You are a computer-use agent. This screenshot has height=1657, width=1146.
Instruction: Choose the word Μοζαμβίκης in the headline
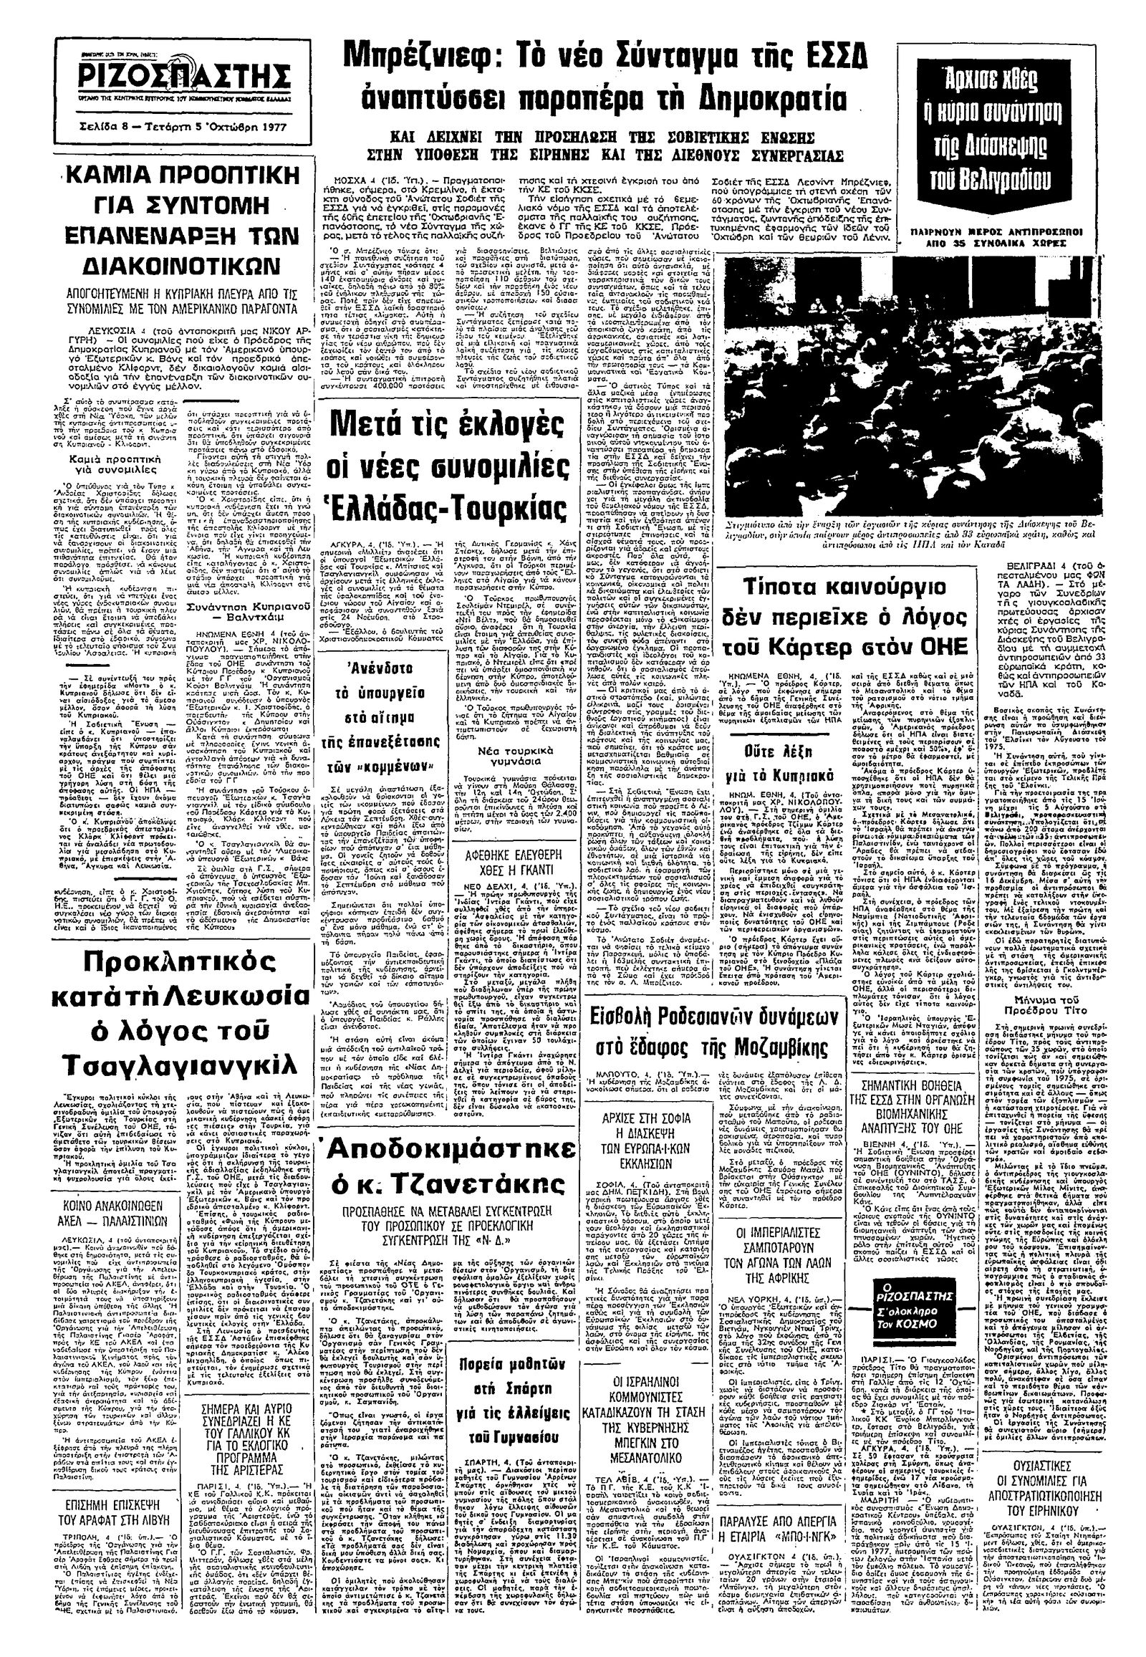pyautogui.click(x=759, y=1050)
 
